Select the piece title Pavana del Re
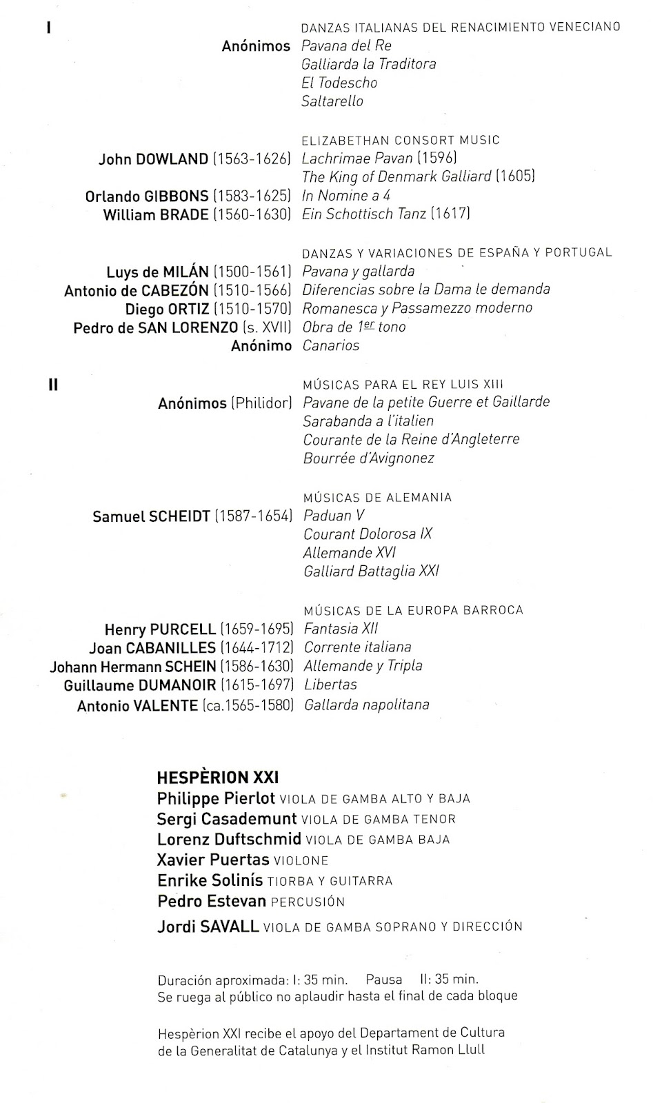(x=346, y=46)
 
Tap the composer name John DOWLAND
(x=153, y=159)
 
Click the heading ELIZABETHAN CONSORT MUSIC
(x=401, y=141)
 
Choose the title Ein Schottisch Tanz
(x=364, y=214)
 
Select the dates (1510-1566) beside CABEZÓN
(x=252, y=290)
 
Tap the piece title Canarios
(x=331, y=346)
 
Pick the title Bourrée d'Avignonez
(x=369, y=458)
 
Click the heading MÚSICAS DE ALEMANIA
(x=377, y=497)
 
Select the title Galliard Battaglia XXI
(x=371, y=571)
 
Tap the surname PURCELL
(x=183, y=629)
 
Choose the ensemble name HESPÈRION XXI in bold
(x=218, y=778)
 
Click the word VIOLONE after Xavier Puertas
(x=301, y=861)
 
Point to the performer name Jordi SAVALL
(x=208, y=927)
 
